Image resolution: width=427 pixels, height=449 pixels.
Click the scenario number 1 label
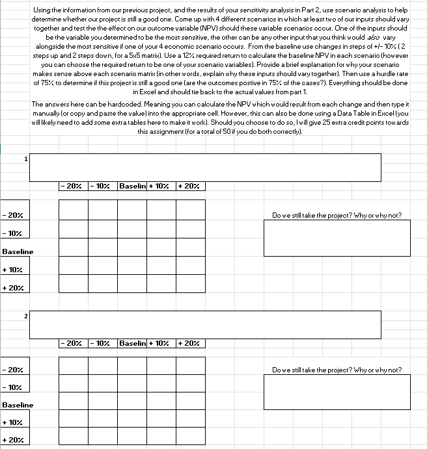(x=26, y=157)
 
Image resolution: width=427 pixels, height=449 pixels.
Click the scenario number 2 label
(x=26, y=316)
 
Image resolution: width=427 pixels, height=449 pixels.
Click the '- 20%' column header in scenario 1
(x=73, y=186)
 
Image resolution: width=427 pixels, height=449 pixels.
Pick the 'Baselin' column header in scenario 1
(x=131, y=186)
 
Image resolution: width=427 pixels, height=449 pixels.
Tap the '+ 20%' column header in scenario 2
(x=190, y=342)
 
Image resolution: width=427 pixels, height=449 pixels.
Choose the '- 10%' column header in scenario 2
(x=102, y=342)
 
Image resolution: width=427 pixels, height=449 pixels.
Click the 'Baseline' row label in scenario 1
(x=18, y=251)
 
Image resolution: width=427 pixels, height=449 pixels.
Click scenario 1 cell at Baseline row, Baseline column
(x=131, y=251)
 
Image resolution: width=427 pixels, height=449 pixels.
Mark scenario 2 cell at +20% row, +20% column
(x=190, y=440)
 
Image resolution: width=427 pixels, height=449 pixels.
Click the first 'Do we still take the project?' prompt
(x=337, y=215)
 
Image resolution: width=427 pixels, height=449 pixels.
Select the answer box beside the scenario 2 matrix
(x=337, y=392)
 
